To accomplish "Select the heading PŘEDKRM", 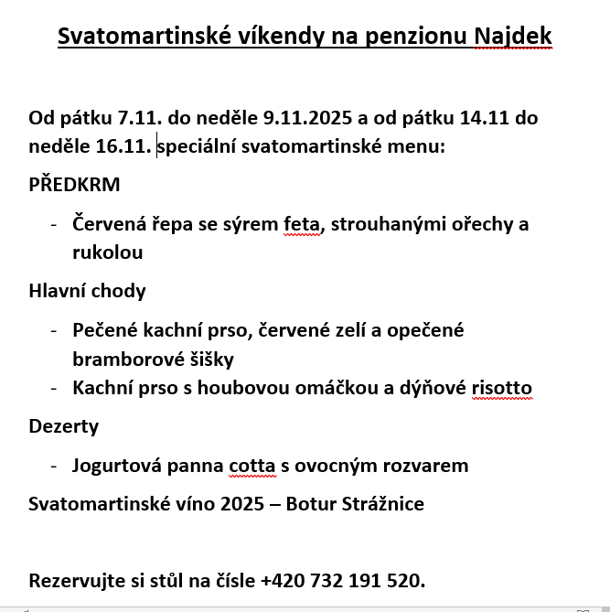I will (x=74, y=185).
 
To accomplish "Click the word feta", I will (x=302, y=224).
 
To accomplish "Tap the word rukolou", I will (x=108, y=252).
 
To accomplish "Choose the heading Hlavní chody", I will (x=88, y=291).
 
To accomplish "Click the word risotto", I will (x=501, y=388).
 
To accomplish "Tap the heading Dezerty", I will (x=64, y=426).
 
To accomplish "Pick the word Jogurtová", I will (x=119, y=466).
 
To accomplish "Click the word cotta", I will (x=251, y=466).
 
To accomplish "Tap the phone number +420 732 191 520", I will (x=342, y=580).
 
